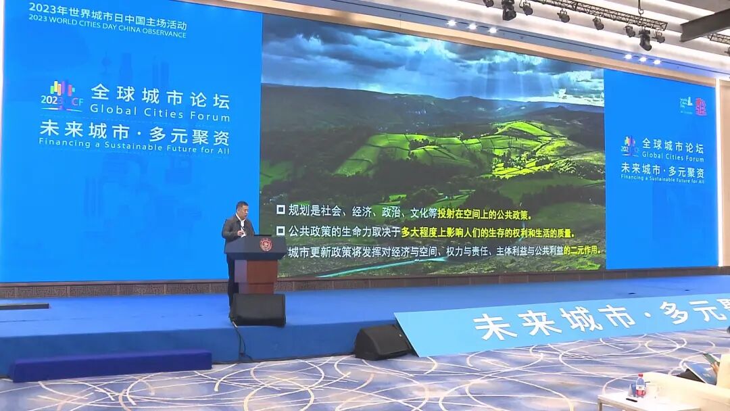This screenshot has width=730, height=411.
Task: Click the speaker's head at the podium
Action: tap(241, 209)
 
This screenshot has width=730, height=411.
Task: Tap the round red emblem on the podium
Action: tap(266, 245)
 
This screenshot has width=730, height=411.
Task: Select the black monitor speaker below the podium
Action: tap(258, 310)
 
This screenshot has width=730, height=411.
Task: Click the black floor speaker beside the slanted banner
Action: tap(382, 341)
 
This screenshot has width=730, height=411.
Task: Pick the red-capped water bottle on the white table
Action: tap(640, 385)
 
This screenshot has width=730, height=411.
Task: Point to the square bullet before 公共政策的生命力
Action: tap(281, 231)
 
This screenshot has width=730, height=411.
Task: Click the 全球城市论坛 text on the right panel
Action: tap(672, 145)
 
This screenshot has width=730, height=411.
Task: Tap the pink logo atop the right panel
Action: tap(700, 106)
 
